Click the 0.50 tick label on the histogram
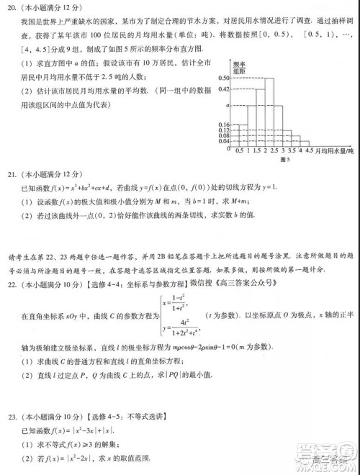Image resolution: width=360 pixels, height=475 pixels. pyautogui.click(x=223, y=78)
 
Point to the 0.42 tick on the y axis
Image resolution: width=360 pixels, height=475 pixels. pyautogui.click(x=223, y=89)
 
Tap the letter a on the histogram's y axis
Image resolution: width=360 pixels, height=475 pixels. pyautogui.click(x=226, y=106)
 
